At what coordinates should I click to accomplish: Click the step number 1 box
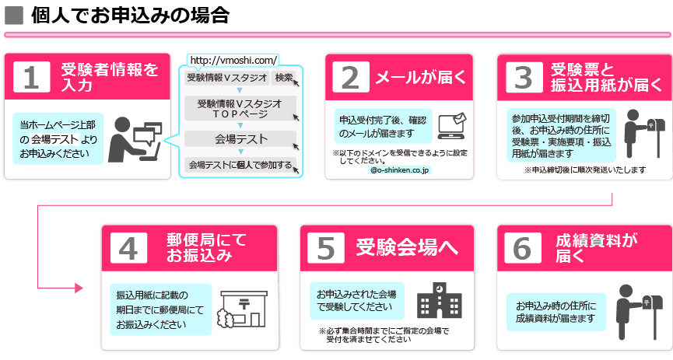[x=32, y=77]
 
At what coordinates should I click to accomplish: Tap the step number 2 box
[x=351, y=77]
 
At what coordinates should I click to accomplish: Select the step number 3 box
[x=524, y=77]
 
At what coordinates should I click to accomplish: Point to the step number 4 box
[x=128, y=248]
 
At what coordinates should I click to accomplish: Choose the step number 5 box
[x=326, y=248]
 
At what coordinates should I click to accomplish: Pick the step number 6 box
[x=523, y=248]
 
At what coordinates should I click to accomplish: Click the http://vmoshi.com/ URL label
[x=233, y=60]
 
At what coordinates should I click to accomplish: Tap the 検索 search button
[x=284, y=78]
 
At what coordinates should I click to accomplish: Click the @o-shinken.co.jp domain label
[x=399, y=170]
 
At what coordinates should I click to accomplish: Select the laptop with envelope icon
[x=452, y=126]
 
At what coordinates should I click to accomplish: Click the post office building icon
[x=243, y=309]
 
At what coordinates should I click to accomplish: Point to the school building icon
[x=439, y=300]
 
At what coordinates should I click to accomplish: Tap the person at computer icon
[x=135, y=139]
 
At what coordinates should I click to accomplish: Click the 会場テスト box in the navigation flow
[x=240, y=139]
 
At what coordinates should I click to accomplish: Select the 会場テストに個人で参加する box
[x=240, y=165]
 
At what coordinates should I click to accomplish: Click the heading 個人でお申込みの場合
[x=131, y=16]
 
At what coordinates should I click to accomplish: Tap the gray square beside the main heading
[x=14, y=16]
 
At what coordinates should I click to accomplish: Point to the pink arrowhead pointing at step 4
[x=79, y=288]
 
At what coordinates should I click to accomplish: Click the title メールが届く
[x=421, y=77]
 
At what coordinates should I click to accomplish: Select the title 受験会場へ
[x=407, y=247]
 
